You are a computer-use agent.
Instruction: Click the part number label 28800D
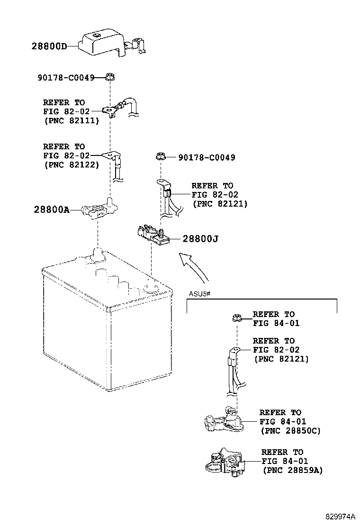click(49, 46)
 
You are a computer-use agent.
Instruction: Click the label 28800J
click(200, 239)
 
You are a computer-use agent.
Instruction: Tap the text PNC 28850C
click(290, 431)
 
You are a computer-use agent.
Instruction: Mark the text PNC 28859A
click(292, 470)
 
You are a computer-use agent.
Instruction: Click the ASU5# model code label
click(199, 294)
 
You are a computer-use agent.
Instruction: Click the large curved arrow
click(195, 267)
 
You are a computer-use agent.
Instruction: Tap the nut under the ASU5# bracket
click(236, 318)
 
